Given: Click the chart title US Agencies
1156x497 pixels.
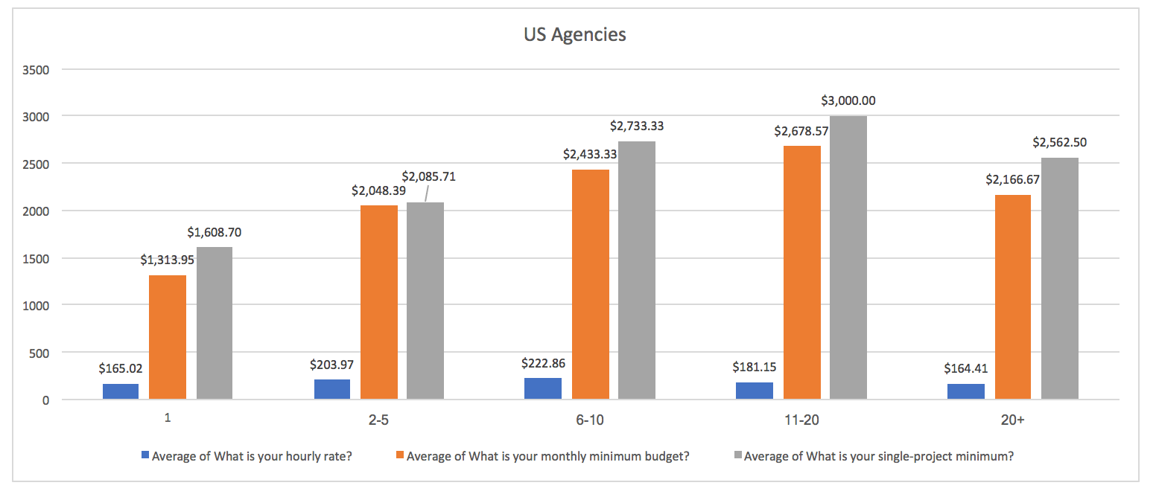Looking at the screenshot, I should click(x=574, y=34).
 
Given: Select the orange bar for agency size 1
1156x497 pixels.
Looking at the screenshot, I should click(x=168, y=337).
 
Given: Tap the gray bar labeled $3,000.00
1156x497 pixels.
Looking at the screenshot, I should click(x=848, y=257).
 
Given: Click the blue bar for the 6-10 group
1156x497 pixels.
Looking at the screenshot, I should click(x=543, y=388).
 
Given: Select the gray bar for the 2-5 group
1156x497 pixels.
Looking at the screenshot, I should click(x=425, y=301).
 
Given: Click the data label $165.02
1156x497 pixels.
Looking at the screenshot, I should click(x=121, y=368).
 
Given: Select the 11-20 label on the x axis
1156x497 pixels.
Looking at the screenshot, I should click(x=801, y=420).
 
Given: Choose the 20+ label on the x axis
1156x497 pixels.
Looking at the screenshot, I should click(x=1012, y=420).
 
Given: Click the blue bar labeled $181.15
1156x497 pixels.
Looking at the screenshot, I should click(x=755, y=391).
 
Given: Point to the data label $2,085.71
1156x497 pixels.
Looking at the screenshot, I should click(x=428, y=177).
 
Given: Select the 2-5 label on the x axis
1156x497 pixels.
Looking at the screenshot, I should click(x=378, y=420).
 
